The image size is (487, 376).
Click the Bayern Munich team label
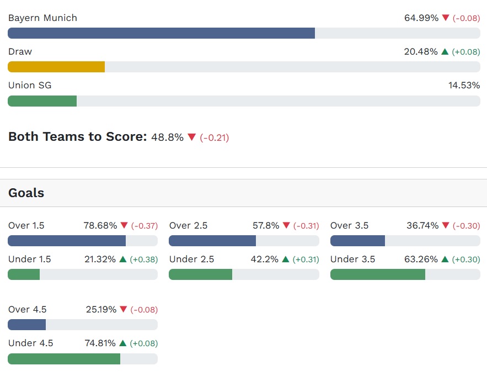tap(42, 18)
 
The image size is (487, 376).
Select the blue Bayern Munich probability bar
tap(161, 33)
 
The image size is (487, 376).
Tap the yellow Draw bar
tap(56, 67)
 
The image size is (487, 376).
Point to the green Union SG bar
tap(42, 101)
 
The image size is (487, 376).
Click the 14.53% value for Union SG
tap(464, 85)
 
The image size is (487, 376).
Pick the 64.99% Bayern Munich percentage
tap(421, 18)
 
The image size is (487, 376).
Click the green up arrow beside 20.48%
tap(445, 51)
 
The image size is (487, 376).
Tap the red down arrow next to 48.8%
tap(192, 137)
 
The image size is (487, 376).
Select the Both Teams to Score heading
tap(77, 137)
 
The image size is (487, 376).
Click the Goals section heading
tap(26, 193)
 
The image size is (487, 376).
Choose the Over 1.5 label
tap(26, 225)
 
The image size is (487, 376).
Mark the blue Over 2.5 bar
tap(212, 241)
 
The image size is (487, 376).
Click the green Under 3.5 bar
tap(378, 274)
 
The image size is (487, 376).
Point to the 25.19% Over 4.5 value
tap(101, 309)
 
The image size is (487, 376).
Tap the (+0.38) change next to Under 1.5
tap(144, 260)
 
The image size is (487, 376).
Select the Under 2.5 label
tap(189, 259)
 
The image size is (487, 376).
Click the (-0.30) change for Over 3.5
tap(467, 226)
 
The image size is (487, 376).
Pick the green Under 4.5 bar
tap(64, 359)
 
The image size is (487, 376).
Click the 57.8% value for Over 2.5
tap(266, 225)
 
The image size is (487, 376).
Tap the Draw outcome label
tap(20, 51)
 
